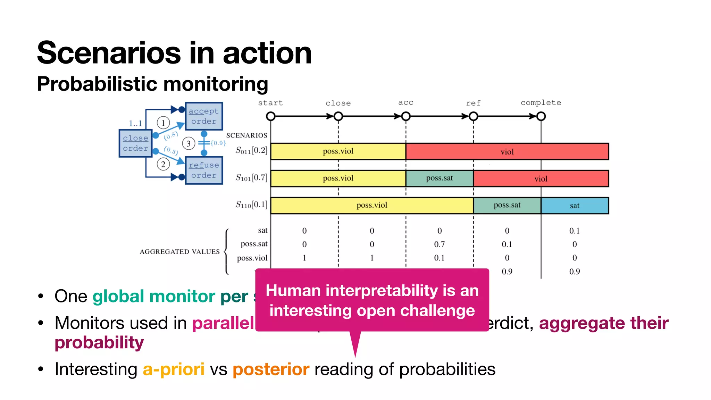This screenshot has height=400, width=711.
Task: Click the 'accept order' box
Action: tap(204, 116)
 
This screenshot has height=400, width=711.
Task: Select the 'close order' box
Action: tap(135, 143)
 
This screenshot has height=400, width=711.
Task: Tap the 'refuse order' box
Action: tap(204, 170)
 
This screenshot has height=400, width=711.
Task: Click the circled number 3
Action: tap(189, 143)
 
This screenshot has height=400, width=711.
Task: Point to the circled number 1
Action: tap(163, 123)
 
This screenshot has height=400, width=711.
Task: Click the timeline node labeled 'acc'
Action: tap(406, 116)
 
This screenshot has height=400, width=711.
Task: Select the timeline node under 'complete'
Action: tap(541, 116)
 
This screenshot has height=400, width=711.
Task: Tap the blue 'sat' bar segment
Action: tap(575, 206)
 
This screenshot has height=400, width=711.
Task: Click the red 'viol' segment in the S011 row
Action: tap(507, 152)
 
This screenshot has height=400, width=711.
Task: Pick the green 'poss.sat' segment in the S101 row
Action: tap(440, 178)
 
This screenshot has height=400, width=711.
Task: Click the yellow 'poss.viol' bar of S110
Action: tap(372, 205)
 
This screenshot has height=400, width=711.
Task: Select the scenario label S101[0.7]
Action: tap(251, 178)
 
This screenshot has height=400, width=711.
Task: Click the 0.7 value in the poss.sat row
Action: tap(439, 244)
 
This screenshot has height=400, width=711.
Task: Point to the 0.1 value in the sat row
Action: tap(574, 231)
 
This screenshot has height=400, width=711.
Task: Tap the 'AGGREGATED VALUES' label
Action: tap(179, 252)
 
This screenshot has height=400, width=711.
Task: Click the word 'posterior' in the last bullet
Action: tap(271, 369)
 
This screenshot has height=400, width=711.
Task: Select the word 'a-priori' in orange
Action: tap(174, 369)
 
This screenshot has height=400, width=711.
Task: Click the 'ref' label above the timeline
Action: tap(473, 103)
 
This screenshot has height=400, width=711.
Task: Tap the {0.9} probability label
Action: tap(218, 143)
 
